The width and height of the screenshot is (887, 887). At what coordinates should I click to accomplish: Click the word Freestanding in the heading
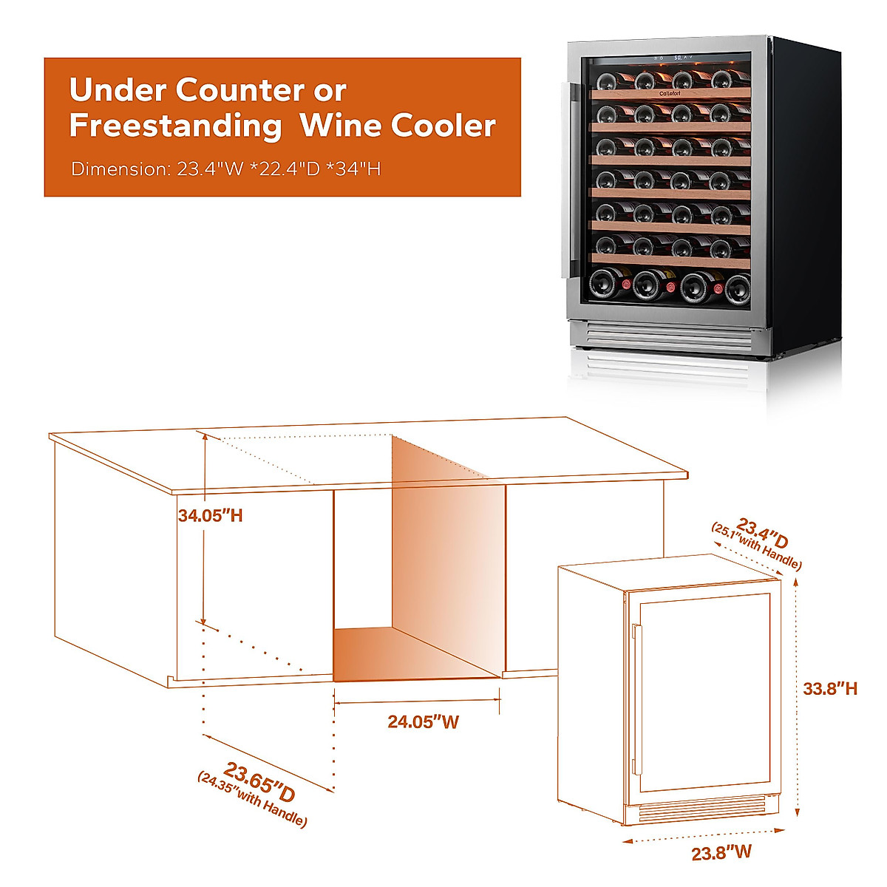[175, 126]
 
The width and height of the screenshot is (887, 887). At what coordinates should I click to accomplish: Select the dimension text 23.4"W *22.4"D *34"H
[279, 169]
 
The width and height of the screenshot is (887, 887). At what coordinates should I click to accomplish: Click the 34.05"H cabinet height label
[210, 516]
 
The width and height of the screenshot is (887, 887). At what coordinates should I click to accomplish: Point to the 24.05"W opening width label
[423, 721]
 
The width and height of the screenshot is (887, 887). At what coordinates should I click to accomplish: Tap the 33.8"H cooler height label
[830, 688]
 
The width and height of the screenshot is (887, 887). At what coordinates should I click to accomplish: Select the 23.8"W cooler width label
[721, 852]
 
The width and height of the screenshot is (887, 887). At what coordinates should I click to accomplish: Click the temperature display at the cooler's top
[678, 57]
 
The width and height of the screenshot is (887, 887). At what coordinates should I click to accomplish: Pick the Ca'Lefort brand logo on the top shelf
[670, 94]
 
